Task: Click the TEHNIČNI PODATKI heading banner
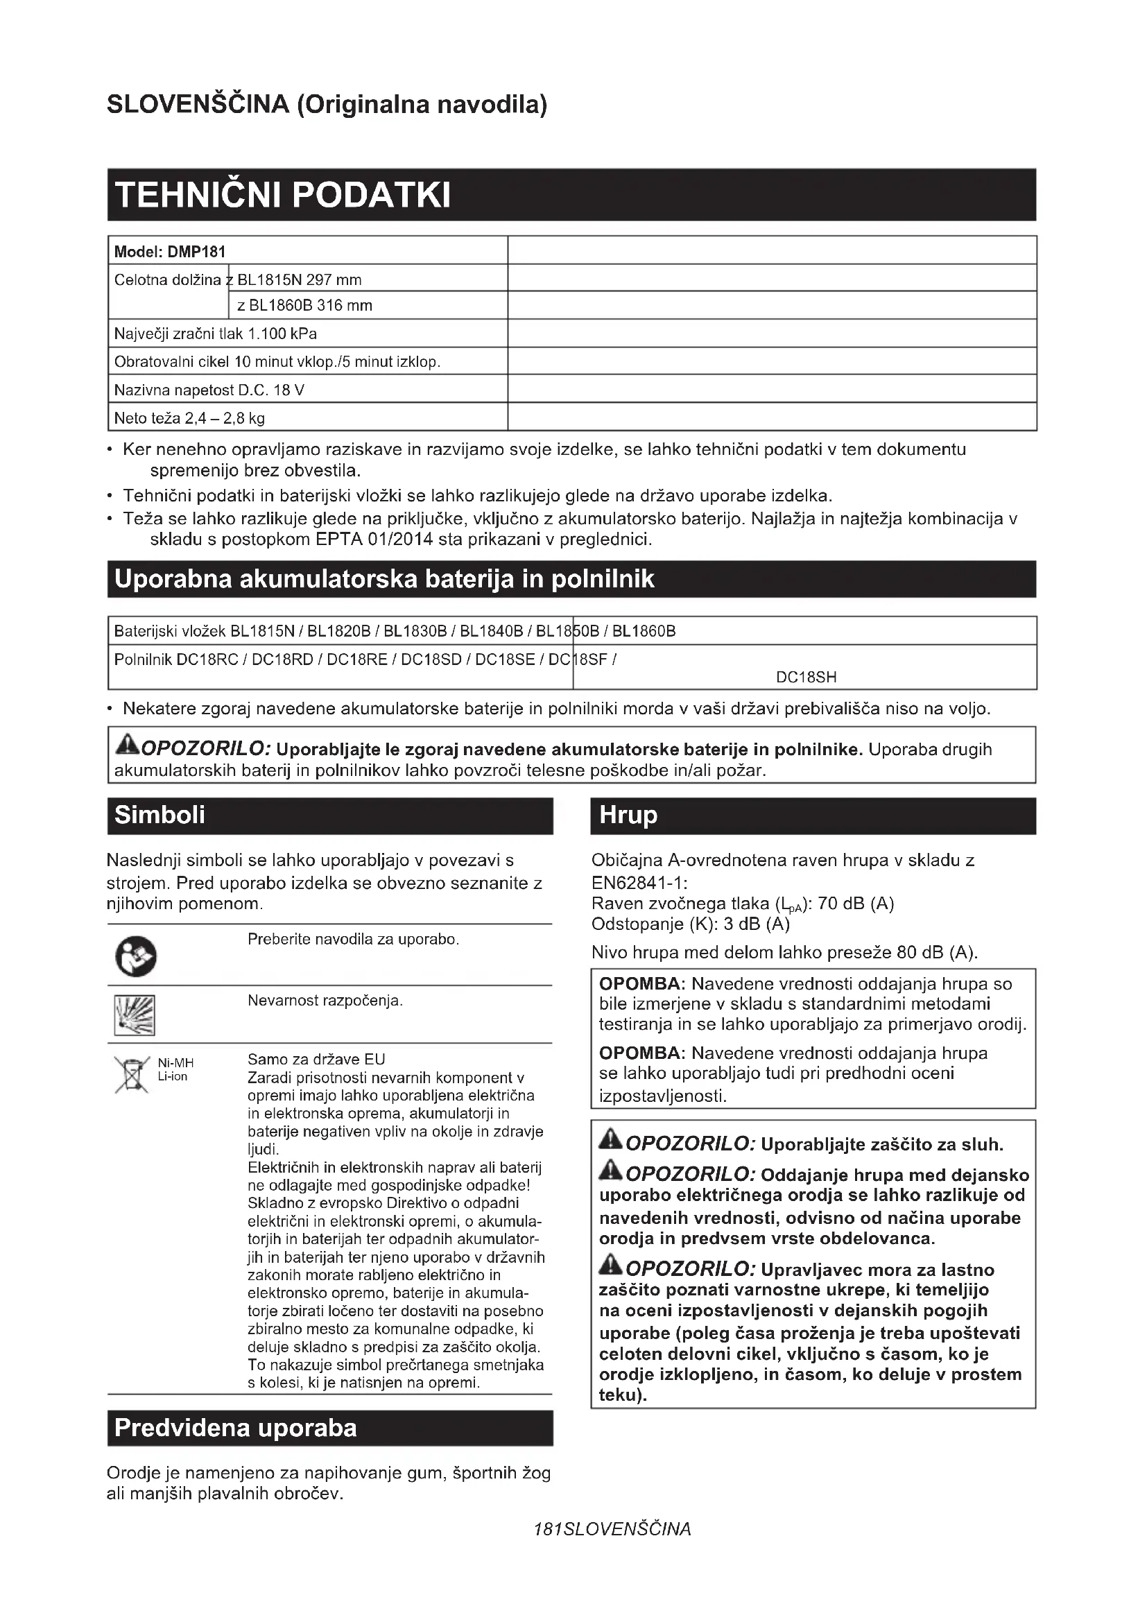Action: [282, 195]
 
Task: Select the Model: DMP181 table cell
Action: [169, 252]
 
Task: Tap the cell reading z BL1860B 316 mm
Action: [304, 306]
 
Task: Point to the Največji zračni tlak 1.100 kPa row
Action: [216, 334]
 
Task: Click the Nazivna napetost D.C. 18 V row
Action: [209, 390]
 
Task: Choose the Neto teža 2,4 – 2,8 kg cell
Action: [189, 418]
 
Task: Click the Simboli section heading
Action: [159, 816]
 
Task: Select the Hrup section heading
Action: [628, 816]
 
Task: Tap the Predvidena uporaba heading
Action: [235, 1429]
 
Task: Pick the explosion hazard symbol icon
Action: [135, 1015]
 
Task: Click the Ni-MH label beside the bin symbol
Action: [175, 1063]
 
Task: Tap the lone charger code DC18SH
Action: [806, 678]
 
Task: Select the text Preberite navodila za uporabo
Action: [353, 940]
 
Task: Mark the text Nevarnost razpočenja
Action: [325, 1001]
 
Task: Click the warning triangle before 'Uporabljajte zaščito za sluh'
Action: [610, 1139]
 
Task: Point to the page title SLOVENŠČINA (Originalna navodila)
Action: [327, 105]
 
